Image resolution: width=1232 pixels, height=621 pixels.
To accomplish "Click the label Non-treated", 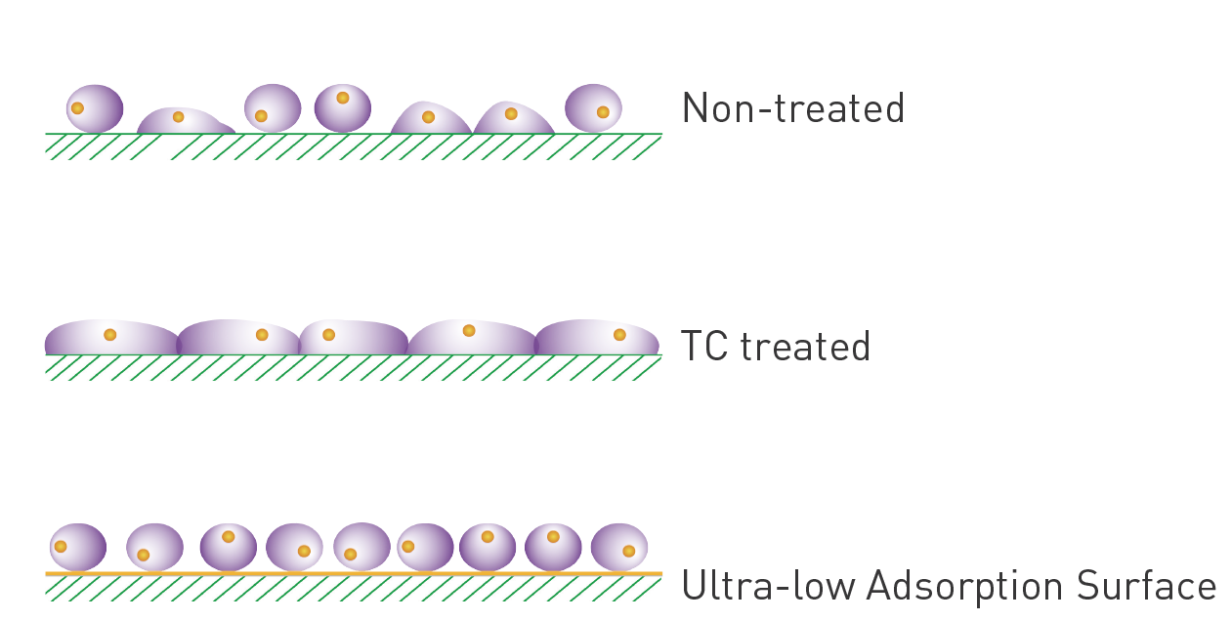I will (792, 107).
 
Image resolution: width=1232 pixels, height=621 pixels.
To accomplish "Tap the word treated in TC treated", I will (804, 347).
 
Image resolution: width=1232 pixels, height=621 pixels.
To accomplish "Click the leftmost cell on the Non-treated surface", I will (95, 108).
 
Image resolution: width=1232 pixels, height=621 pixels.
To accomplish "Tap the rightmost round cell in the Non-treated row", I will (593, 107).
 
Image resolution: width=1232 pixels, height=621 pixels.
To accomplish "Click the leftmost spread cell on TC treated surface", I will (111, 338).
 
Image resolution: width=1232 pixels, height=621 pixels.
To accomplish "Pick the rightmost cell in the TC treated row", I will (597, 338).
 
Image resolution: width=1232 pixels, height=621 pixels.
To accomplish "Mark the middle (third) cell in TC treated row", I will (353, 338).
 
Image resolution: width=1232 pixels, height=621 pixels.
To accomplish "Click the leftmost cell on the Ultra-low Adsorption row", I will (78, 547).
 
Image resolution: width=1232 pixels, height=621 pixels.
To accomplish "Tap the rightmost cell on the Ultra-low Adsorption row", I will (619, 547).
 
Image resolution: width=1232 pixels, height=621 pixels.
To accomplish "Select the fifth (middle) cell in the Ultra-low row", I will (361, 547).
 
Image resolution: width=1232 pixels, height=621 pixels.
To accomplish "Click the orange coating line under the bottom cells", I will (352, 573).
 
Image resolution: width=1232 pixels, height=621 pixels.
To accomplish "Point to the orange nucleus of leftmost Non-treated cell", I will (77, 108).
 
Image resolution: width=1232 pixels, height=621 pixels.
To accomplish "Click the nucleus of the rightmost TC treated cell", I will (619, 335).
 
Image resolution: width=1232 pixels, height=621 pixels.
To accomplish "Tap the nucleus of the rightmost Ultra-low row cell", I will (628, 551).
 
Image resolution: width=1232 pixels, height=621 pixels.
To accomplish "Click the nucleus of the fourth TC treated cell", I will (469, 331).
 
